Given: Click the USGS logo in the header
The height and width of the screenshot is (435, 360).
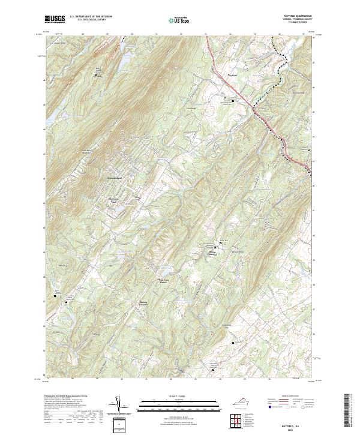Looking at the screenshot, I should pyautogui.click(x=55, y=19).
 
